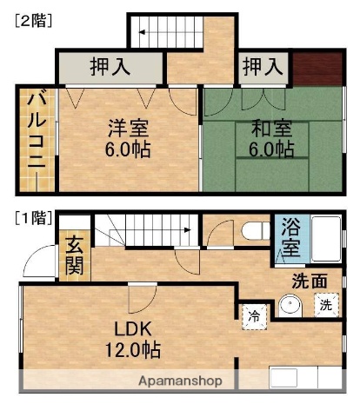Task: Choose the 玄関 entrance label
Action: [x=74, y=255]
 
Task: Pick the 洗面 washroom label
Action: [x=309, y=281]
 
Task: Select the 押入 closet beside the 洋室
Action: [x=110, y=66]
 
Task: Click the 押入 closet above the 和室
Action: [x=263, y=66]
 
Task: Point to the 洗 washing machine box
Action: [x=324, y=305]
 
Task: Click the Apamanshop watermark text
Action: [x=181, y=381]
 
